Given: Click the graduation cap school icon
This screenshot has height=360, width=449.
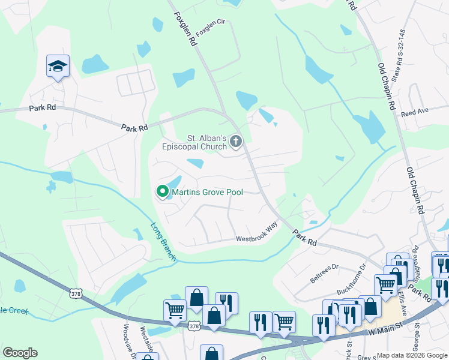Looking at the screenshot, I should tap(58, 66).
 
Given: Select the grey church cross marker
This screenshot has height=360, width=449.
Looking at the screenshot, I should tap(236, 142).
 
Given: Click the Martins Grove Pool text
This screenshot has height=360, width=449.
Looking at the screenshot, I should tap(208, 192).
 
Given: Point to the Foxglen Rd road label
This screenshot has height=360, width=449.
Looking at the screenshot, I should tap(185, 28).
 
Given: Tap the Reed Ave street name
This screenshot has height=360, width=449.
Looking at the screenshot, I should tap(415, 112).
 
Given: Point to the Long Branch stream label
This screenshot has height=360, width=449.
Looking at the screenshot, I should tap(163, 242).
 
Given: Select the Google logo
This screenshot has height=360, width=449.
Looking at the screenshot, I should tap(20, 353).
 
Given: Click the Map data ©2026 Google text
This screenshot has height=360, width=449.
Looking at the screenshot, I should tap(411, 355).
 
